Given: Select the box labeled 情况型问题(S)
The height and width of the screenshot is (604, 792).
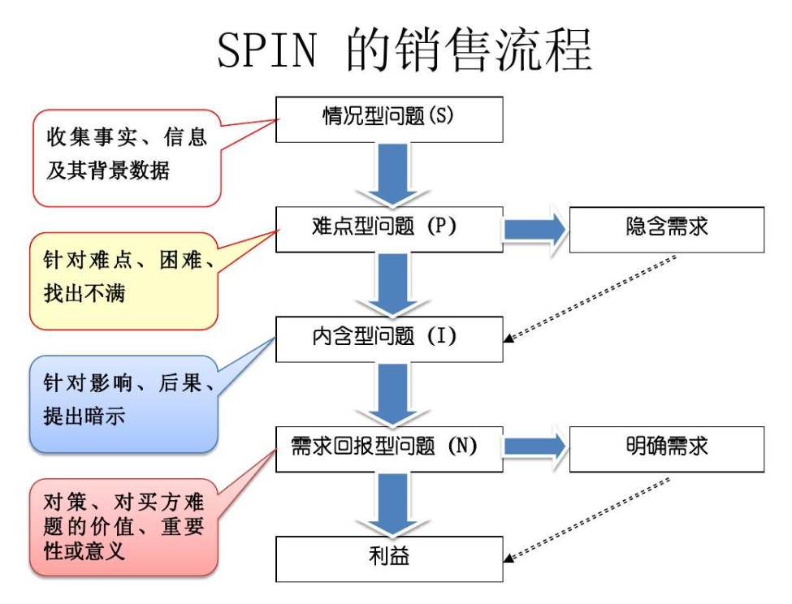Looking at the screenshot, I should point(390,119).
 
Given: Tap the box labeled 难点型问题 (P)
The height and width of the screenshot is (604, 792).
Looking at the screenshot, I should point(390,229).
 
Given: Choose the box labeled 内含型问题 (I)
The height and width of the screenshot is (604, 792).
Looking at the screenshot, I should point(390,339).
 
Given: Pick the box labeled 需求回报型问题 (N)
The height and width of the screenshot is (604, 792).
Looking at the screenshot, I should point(390,448).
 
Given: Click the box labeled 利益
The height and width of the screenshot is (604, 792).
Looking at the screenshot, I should point(390,559).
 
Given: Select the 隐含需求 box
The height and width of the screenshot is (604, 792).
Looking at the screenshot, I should point(667,229).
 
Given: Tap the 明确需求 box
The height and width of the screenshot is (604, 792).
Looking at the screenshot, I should point(667,448).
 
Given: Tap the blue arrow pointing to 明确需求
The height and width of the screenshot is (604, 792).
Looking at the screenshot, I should point(535,447).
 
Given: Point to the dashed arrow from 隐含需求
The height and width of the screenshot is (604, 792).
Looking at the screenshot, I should point(592,297).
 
